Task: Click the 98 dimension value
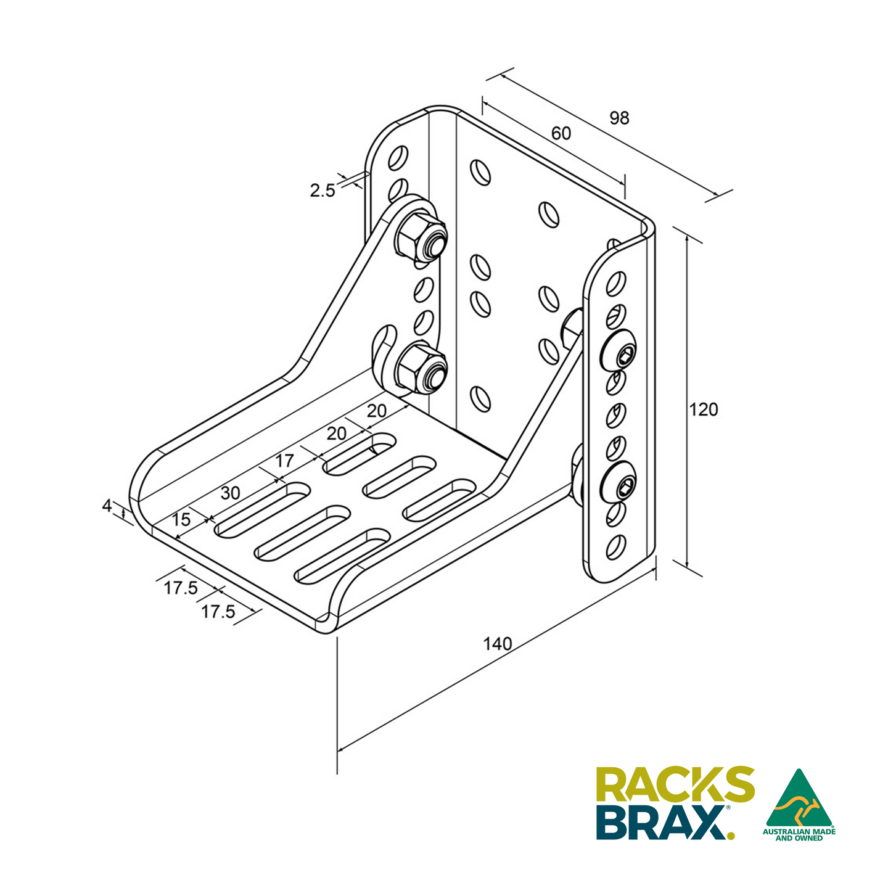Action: click(x=619, y=118)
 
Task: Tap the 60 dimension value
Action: click(x=561, y=133)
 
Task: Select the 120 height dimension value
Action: click(x=704, y=409)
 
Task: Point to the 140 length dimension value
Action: click(x=497, y=644)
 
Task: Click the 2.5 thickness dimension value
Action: click(x=322, y=191)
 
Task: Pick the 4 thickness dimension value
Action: click(x=107, y=506)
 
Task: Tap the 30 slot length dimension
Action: click(x=230, y=493)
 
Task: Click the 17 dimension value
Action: click(x=284, y=461)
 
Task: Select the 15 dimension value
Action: click(x=181, y=520)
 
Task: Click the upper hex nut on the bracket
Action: click(x=419, y=238)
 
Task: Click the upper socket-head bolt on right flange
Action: click(x=619, y=353)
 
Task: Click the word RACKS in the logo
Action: click(x=675, y=785)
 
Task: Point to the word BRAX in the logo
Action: click(x=662, y=822)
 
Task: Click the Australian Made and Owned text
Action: click(x=799, y=835)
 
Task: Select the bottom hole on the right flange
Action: click(x=616, y=546)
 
